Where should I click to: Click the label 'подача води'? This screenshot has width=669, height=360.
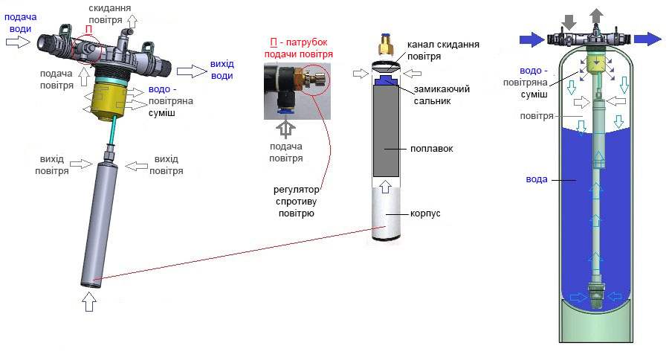[21, 23]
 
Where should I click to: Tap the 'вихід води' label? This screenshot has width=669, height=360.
[222, 70]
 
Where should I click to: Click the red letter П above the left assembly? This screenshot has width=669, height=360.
[88, 30]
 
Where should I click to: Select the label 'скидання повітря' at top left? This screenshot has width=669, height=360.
[110, 14]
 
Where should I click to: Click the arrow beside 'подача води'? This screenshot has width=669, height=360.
[19, 42]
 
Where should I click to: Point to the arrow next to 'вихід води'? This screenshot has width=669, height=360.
[192, 71]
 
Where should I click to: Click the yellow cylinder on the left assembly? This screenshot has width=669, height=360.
[106, 101]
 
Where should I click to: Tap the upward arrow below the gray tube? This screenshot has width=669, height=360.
[88, 301]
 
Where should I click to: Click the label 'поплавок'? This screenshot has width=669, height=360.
[431, 149]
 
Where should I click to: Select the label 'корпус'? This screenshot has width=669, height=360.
[425, 213]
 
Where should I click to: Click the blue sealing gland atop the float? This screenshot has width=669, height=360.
[386, 80]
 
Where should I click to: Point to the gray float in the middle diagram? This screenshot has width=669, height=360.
[386, 131]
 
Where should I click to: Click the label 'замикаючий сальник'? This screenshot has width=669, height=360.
[442, 94]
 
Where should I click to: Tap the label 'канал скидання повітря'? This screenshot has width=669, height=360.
[443, 51]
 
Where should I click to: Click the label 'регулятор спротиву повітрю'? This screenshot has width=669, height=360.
[296, 201]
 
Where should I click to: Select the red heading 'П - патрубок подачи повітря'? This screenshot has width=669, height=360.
[299, 48]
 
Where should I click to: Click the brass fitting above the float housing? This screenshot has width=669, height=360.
[386, 45]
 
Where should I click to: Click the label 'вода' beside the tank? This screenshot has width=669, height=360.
[536, 179]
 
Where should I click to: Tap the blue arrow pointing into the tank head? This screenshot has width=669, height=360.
[532, 39]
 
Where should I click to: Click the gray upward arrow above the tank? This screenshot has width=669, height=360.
[596, 16]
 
